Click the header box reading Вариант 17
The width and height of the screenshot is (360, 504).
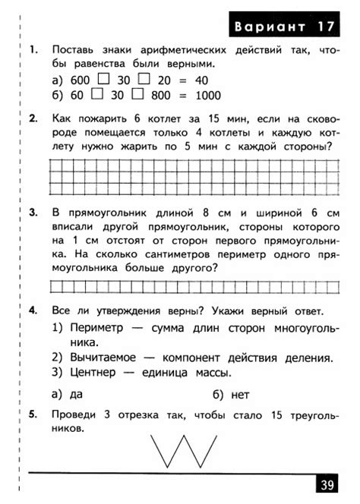pos(285,27)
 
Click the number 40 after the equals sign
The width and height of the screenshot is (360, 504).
pos(197,80)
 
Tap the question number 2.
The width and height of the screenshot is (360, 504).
pos(33,118)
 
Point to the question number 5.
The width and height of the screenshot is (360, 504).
pos(33,414)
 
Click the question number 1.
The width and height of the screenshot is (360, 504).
pos(33,50)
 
